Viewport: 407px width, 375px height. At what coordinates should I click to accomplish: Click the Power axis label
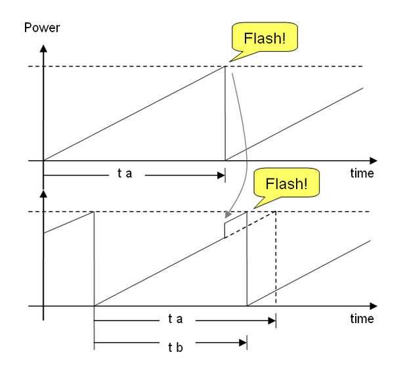coord(42,28)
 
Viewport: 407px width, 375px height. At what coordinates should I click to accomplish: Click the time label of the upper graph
coord(362,173)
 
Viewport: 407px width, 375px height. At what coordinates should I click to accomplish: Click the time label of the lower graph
coord(362,319)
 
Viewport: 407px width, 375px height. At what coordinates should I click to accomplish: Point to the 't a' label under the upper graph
coord(125,173)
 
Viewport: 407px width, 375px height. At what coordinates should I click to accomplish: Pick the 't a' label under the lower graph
coord(175,319)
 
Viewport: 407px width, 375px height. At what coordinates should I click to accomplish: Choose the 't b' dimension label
coord(175,347)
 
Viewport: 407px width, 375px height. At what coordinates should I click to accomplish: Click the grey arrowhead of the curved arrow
coord(228,215)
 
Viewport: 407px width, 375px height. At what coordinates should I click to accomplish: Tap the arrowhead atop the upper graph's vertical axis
coord(43,49)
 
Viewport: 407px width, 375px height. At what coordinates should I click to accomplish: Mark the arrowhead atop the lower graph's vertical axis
coord(43,194)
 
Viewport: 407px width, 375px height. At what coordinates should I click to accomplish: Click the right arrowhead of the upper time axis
coord(374,161)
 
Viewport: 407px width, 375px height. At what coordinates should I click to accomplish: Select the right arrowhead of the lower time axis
coord(374,306)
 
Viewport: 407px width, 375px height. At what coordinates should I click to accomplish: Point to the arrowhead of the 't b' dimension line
coord(243,343)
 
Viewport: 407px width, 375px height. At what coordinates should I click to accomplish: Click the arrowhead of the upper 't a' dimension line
coord(221,175)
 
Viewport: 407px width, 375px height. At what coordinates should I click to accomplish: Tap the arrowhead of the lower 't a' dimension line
coord(272,321)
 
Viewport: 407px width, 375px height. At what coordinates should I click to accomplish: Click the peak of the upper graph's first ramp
coord(225,66)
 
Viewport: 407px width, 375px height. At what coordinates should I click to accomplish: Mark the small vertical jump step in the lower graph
coord(225,230)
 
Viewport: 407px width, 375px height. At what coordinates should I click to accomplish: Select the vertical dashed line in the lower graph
coord(276,258)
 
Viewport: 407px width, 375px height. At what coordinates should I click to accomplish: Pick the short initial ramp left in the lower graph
coord(68,223)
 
